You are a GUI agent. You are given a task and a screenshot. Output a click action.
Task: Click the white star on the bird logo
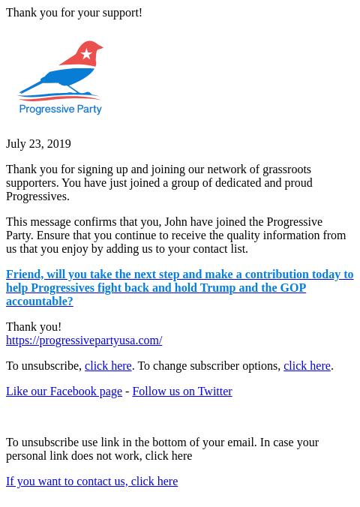click(x=87, y=54)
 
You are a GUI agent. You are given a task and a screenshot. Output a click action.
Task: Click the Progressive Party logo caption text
click(x=60, y=109)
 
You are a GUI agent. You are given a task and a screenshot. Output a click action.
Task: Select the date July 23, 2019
click(x=38, y=144)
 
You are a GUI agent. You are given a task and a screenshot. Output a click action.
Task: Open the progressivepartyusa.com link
click(x=84, y=340)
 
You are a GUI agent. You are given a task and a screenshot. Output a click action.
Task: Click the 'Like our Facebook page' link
click(x=64, y=391)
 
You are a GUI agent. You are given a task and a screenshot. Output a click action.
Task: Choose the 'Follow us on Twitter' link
click(x=182, y=391)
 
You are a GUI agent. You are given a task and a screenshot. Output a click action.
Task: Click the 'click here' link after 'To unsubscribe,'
click(x=108, y=366)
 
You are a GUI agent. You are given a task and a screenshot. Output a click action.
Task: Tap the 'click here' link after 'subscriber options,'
click(x=307, y=366)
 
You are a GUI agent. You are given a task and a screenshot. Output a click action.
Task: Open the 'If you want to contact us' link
click(x=91, y=481)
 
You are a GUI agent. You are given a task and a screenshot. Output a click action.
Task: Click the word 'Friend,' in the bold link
click(x=24, y=274)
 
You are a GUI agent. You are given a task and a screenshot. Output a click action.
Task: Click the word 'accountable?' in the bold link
click(x=40, y=301)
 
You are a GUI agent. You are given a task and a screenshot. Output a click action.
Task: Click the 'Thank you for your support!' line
click(x=74, y=13)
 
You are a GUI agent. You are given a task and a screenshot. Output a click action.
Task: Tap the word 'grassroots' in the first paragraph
click(x=286, y=169)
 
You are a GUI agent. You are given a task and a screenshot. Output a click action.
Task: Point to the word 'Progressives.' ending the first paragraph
click(x=37, y=196)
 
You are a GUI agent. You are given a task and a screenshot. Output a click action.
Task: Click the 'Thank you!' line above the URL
click(x=34, y=327)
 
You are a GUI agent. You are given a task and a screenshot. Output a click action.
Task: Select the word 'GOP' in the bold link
click(x=293, y=288)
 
